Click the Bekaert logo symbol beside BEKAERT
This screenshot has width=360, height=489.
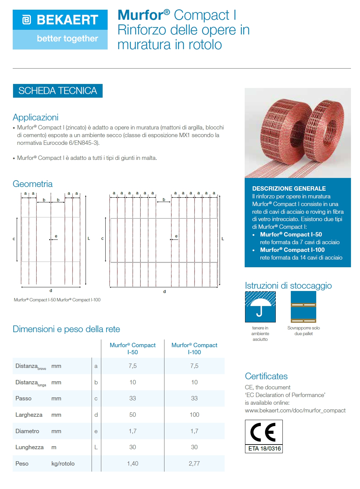pos(26,20)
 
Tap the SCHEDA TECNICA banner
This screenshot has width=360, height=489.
pos(57,91)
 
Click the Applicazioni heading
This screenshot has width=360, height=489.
pos(35,117)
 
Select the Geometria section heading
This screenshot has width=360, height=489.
pos(32,184)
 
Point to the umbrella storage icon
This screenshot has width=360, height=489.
pos(260,307)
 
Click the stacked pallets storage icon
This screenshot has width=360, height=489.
pos(303,307)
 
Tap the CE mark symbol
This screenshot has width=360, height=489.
pos(263,432)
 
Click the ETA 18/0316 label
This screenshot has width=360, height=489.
pos(264,449)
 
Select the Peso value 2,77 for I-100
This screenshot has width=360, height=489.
pos(194,464)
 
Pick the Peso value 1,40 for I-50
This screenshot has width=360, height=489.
pos(133,464)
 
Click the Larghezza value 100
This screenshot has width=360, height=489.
pos(194,415)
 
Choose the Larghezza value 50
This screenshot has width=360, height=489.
pos(133,415)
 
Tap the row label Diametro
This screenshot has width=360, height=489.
pos(27,431)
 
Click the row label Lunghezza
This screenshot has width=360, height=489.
pos(29,447)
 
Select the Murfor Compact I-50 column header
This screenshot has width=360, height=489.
pos(133,349)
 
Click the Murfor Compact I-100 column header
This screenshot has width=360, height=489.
pos(194,349)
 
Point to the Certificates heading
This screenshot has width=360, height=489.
pos(266,376)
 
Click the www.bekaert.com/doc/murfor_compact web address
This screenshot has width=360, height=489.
pos(295,410)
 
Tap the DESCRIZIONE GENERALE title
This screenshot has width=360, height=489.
pos(289,189)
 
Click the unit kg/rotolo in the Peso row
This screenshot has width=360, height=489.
pos(63,464)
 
